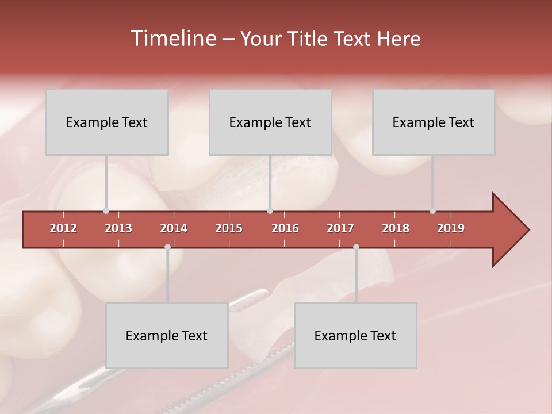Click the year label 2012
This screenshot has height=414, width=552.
(x=63, y=228)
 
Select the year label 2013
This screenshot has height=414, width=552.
(x=118, y=228)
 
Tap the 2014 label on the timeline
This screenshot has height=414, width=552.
(x=174, y=228)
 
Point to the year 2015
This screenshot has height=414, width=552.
(x=229, y=228)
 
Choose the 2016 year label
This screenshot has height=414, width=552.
(x=285, y=228)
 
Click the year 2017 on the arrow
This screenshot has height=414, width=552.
(x=340, y=228)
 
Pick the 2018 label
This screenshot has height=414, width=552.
(x=396, y=228)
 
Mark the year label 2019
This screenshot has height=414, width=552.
(x=451, y=228)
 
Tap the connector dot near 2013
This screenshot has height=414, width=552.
(x=106, y=211)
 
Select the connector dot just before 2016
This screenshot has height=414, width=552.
(x=270, y=211)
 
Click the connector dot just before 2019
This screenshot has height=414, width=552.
(x=432, y=211)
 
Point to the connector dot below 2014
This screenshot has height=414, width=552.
(x=167, y=247)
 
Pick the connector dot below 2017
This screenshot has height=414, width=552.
(x=356, y=247)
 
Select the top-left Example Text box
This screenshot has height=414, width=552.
(x=107, y=122)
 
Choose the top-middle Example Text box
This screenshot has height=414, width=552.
(x=270, y=122)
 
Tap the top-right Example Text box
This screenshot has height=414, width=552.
(x=434, y=122)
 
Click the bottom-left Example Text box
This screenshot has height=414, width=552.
(x=167, y=335)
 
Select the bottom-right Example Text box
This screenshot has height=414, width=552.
(x=355, y=335)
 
